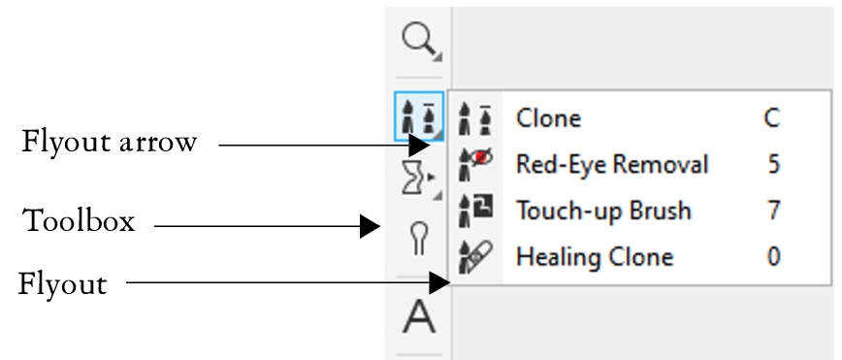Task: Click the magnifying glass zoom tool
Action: (418, 41)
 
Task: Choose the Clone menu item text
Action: (548, 118)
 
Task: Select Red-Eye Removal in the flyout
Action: (611, 164)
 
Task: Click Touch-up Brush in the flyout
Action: (603, 211)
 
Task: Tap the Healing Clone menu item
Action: (594, 257)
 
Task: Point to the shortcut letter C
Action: (772, 118)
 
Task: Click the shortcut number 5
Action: (773, 164)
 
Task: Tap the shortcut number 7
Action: (773, 211)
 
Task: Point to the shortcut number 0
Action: (773, 257)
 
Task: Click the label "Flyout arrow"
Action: (109, 143)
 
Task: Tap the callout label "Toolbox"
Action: (79, 221)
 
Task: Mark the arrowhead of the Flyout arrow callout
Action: (418, 146)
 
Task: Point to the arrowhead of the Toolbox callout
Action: (371, 227)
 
